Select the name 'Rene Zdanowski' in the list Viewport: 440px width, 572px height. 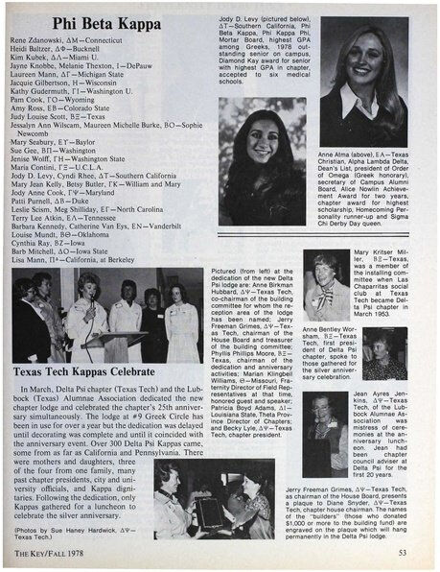click(x=46, y=44)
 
